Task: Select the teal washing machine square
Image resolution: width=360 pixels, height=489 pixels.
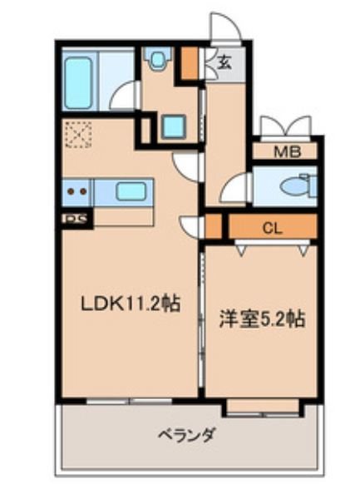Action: tap(174, 126)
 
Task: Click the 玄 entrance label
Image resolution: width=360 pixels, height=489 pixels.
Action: tap(224, 60)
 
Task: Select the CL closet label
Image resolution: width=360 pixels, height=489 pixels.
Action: tap(270, 226)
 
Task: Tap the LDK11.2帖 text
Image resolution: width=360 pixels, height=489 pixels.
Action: tap(126, 304)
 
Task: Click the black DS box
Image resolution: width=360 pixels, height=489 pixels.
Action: tap(76, 220)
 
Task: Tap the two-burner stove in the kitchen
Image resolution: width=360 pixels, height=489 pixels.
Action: tap(76, 191)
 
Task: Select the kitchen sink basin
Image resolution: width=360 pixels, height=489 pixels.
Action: tap(131, 191)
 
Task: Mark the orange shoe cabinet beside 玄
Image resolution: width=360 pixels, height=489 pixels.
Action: tap(189, 61)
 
